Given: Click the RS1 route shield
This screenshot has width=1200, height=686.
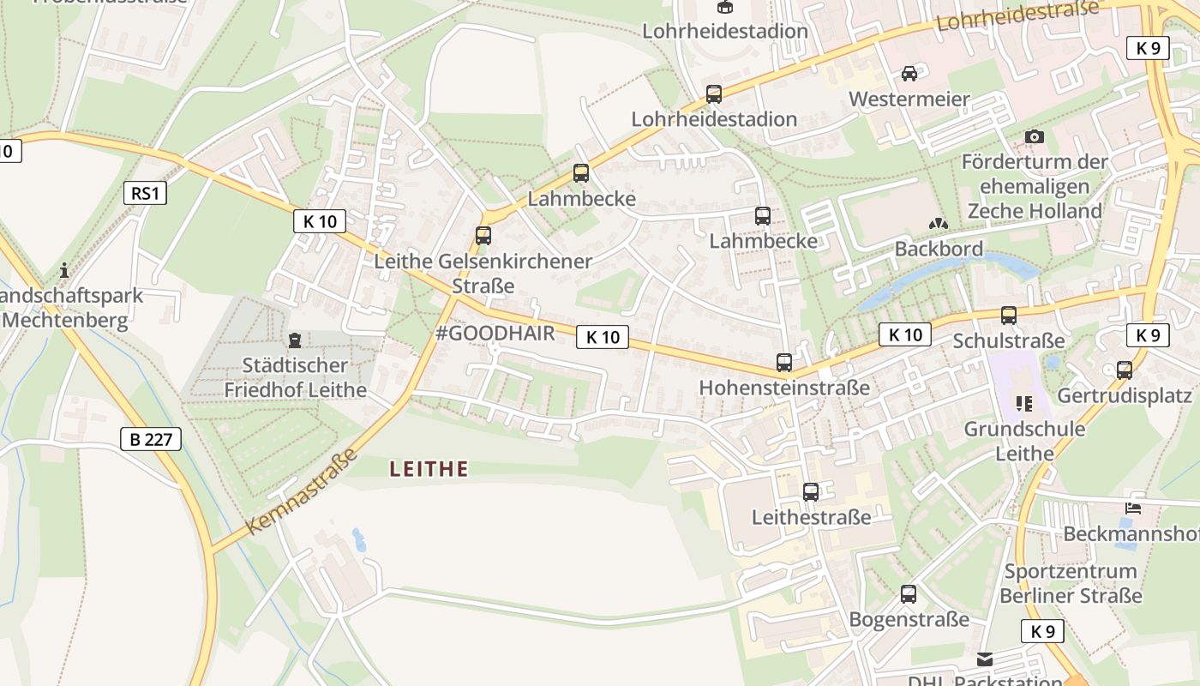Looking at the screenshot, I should [x=145, y=193].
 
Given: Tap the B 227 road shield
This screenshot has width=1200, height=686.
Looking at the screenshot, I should [x=151, y=440].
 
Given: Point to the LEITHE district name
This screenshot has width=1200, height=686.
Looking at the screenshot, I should [x=429, y=469].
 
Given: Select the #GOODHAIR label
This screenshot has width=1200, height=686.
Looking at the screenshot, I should [x=495, y=334].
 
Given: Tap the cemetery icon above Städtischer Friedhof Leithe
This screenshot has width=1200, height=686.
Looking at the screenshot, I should [x=295, y=340].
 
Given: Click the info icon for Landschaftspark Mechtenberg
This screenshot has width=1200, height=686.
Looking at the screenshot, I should [x=64, y=271].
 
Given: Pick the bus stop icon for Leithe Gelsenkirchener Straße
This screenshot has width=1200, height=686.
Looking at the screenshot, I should [x=483, y=235].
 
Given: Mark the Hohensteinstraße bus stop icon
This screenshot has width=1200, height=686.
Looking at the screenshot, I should [x=784, y=363].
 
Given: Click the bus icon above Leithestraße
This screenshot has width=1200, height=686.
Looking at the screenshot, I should [x=811, y=492].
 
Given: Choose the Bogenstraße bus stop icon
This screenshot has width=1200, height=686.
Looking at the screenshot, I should [x=909, y=594].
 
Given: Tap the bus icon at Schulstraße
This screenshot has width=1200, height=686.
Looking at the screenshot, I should [x=1009, y=316].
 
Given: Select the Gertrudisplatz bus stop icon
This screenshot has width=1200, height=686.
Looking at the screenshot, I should [x=1125, y=370].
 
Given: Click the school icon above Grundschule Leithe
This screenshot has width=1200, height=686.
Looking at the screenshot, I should [x=1023, y=403].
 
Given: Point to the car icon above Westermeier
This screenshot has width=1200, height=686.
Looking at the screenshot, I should [x=909, y=74].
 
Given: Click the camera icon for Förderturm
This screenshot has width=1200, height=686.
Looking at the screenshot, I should [x=1035, y=136].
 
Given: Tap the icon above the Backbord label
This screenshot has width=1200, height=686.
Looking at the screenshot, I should [x=939, y=224].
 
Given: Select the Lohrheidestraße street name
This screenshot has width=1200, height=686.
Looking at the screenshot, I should [x=1017, y=15].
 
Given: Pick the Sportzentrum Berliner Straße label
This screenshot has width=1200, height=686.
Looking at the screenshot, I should [x=1071, y=583].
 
